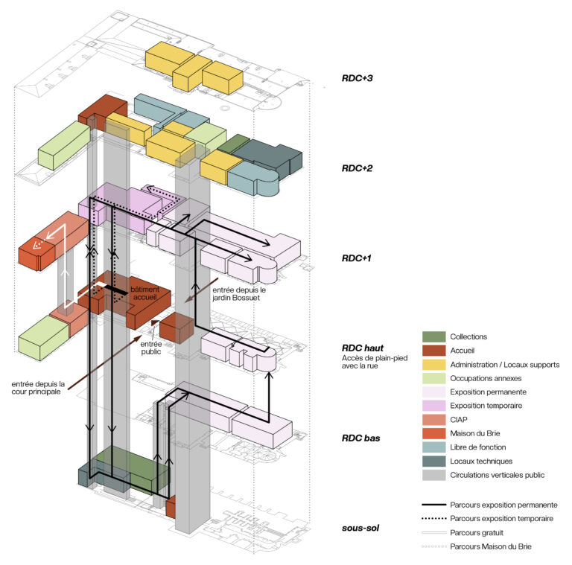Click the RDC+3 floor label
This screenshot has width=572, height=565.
(357, 77)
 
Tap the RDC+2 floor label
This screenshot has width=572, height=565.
(357, 168)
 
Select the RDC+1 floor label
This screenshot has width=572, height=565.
(357, 258)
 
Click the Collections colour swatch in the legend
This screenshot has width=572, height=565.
(433, 336)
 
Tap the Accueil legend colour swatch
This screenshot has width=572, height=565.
(433, 351)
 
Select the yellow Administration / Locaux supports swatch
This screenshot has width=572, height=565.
(433, 365)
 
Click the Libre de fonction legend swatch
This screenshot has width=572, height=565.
(433, 447)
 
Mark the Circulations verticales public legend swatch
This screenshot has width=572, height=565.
(433, 475)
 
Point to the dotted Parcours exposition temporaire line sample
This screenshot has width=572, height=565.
(433, 519)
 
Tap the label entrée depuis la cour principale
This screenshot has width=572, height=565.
(38, 389)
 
